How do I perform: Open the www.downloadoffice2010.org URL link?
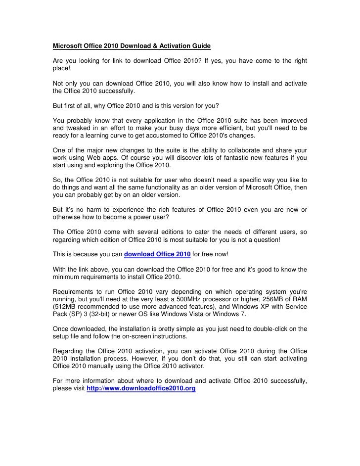[141, 389]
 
